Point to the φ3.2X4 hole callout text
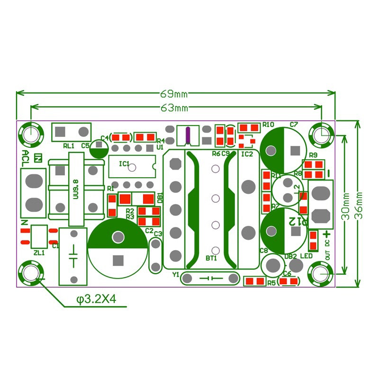[96, 299]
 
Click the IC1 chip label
[124, 164]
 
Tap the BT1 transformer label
[211, 258]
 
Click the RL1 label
[69, 145]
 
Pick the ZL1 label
[39, 253]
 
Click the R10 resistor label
[269, 125]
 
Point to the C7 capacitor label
[294, 125]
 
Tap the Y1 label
[176, 274]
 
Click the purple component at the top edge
[188, 135]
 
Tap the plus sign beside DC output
[327, 234]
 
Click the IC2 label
[247, 154]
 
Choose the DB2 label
[290, 256]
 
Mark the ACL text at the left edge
[26, 159]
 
